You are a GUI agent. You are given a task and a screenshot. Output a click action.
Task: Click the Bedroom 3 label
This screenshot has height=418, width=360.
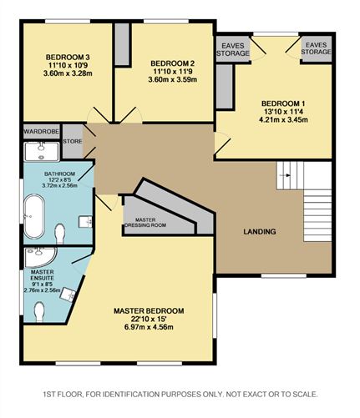(x=64, y=58)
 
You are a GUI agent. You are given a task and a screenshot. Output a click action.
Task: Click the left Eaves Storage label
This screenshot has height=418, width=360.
(x=233, y=48)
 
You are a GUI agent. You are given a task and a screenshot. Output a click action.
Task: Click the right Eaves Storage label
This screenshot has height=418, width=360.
(x=315, y=48)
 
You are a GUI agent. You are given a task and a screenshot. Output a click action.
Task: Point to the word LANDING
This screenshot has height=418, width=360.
(x=260, y=231)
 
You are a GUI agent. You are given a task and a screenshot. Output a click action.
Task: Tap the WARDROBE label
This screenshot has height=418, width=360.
(x=40, y=132)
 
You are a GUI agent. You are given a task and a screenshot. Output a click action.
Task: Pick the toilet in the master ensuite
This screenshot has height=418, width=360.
(x=38, y=310)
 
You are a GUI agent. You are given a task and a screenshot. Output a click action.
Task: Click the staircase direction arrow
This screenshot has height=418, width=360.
(x=287, y=175)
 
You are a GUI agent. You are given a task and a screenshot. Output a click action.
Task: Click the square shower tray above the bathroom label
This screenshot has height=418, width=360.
(x=39, y=151)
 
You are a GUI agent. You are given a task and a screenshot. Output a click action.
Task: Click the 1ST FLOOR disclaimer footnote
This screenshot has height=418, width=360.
(x=180, y=393)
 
